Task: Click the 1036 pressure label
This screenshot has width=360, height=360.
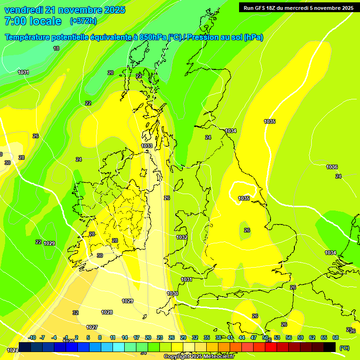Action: pyautogui.click(x=332, y=167)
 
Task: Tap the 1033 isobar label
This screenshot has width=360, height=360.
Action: pyautogui.click(x=147, y=146)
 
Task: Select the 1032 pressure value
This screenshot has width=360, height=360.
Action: pyautogui.click(x=182, y=238)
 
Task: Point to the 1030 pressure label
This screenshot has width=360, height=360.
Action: pyautogui.click(x=172, y=293)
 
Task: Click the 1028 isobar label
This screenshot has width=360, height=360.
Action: pyautogui.click(x=107, y=312)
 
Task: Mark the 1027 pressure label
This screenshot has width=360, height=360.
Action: pyautogui.click(x=92, y=327)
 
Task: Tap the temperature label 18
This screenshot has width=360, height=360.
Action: pyautogui.click(x=56, y=48)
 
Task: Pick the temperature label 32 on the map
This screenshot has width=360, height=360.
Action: pyautogui.click(x=75, y=313)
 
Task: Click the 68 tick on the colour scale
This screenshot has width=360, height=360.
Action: pyautogui.click(x=336, y=337)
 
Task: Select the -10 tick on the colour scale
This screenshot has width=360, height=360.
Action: pyautogui.click(x=32, y=337)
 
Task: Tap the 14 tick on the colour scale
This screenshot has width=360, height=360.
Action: pyautogui.click(x=125, y=337)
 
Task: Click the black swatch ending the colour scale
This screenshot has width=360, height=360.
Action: pyautogui.click(x=330, y=347)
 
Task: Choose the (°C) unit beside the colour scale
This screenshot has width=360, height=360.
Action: pyautogui.click(x=344, y=347)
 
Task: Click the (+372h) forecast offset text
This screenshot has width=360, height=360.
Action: pyautogui.click(x=83, y=21)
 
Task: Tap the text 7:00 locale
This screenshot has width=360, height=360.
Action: pyautogui.click(x=33, y=21)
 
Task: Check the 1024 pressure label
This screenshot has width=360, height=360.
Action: pyautogui.click(x=13, y=350)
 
